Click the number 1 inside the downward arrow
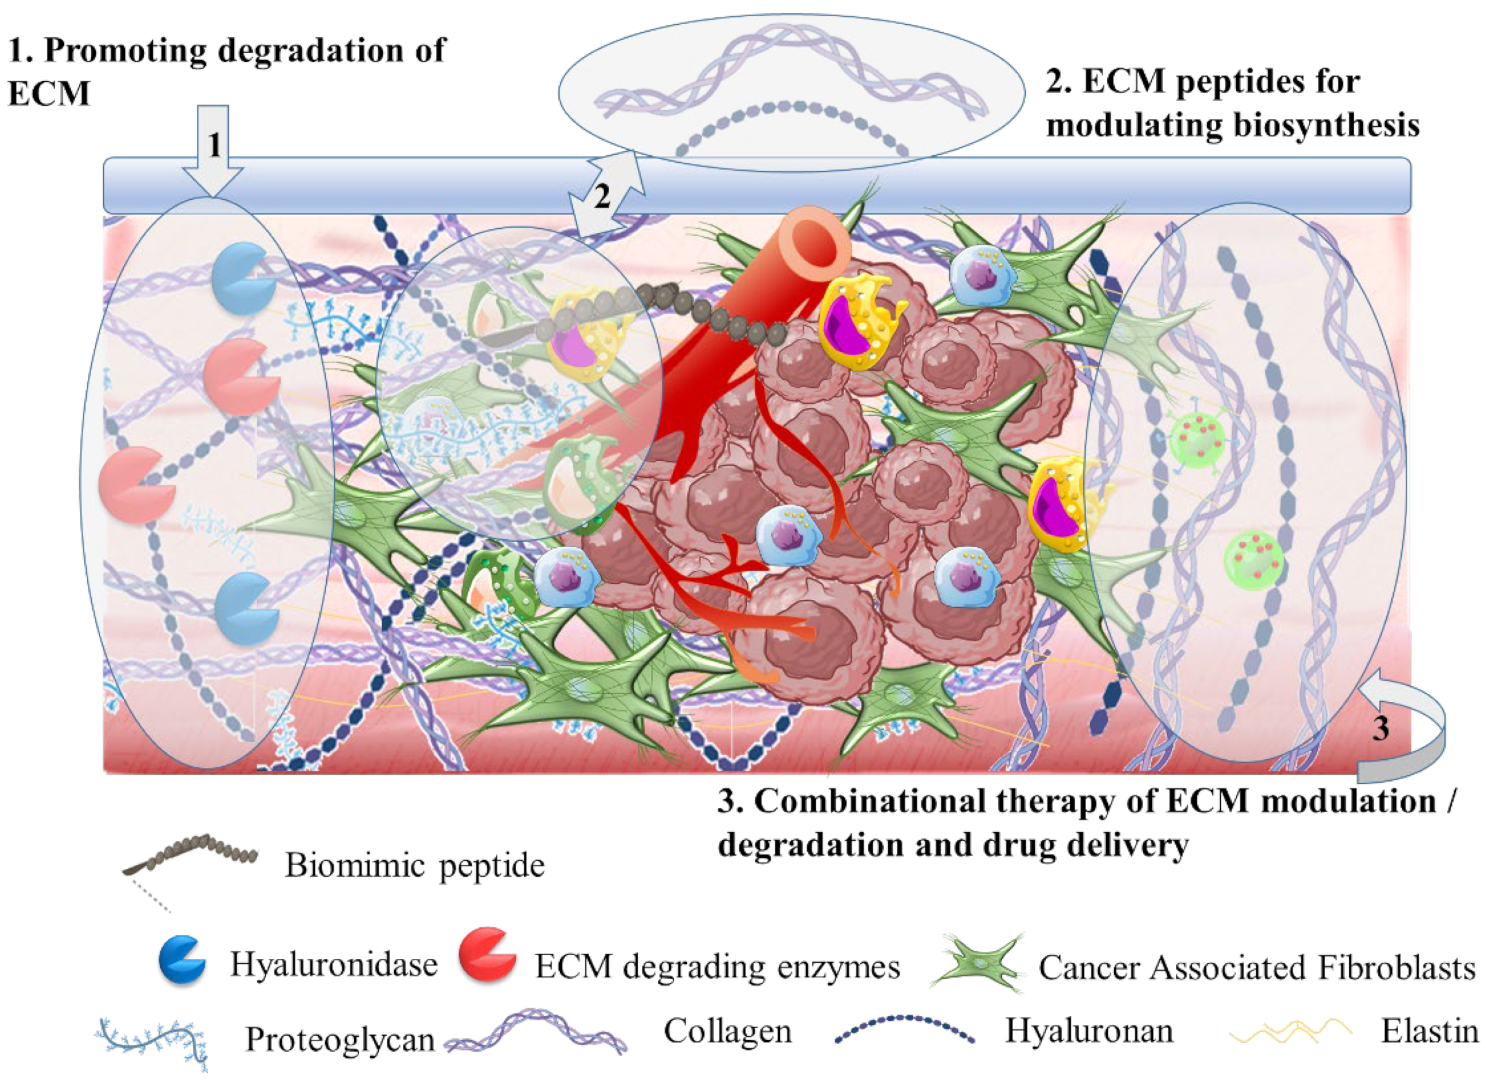tap(214, 145)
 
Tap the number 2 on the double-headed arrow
tap(602, 195)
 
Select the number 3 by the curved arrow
tap(1381, 728)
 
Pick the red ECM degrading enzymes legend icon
tap(487, 955)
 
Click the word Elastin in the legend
tap(1429, 1031)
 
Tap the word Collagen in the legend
tap(727, 1031)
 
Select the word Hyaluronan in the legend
tap(1088, 1031)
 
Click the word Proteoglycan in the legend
tap(340, 1039)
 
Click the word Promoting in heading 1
tap(125, 51)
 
